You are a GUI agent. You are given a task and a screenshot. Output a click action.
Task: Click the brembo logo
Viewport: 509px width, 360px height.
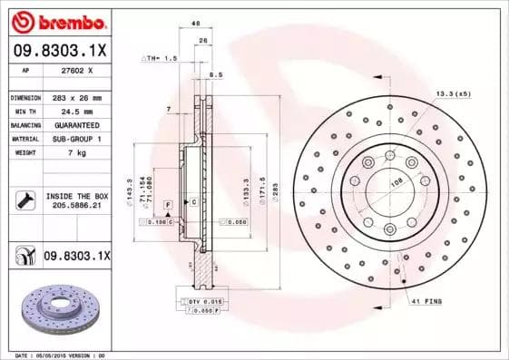coord(59,20)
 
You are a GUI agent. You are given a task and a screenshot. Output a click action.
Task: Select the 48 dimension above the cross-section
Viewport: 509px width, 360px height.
coord(196,25)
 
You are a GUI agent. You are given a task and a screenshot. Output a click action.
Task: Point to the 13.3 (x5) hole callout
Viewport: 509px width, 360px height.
coord(452,94)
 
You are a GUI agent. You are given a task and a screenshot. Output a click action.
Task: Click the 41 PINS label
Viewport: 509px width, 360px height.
coord(426,300)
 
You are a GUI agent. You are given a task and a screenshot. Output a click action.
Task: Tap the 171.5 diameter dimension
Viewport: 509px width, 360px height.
coord(259,193)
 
